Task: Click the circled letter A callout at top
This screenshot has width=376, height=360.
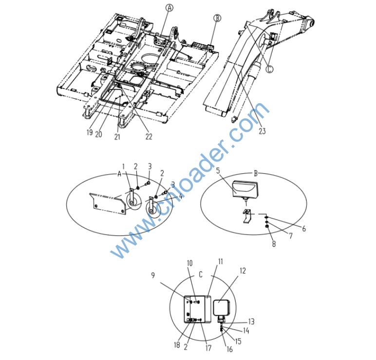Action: (169, 8)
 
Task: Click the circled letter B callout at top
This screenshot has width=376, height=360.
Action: (217, 18)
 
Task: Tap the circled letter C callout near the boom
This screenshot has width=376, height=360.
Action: (269, 69)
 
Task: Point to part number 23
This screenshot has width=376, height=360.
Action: (262, 131)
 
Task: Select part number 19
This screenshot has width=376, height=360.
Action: (90, 132)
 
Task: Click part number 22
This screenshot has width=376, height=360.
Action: (149, 137)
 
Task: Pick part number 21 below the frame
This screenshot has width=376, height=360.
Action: (117, 137)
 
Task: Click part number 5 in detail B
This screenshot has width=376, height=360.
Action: (218, 171)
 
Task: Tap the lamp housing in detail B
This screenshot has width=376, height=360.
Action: (245, 189)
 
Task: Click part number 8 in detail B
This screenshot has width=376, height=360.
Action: (274, 244)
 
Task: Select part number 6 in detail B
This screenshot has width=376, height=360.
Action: (304, 229)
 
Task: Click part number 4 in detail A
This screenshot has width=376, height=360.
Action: (180, 197)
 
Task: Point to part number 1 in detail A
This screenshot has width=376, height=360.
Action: (124, 166)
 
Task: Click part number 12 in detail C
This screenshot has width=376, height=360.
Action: (243, 270)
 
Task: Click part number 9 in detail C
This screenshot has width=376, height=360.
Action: (153, 275)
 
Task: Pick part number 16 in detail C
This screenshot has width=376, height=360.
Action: (229, 349)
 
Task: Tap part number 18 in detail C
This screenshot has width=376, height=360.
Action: (177, 344)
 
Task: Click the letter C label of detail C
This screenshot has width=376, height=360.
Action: (201, 274)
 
